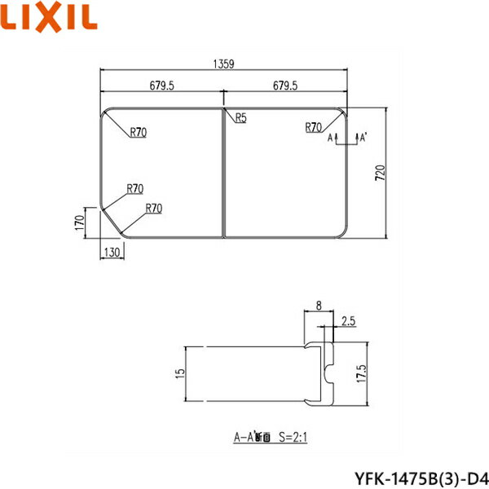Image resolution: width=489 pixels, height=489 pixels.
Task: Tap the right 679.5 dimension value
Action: (x=284, y=84)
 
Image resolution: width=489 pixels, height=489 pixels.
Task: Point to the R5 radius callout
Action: (x=240, y=118)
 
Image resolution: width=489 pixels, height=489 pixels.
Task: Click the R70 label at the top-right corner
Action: (x=314, y=126)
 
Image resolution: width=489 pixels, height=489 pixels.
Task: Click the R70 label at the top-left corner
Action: (x=138, y=133)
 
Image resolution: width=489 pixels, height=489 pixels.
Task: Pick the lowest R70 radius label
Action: (x=153, y=209)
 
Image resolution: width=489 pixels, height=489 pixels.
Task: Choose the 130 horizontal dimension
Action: (x=112, y=252)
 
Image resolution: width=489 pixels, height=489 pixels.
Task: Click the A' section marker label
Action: (x=361, y=139)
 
